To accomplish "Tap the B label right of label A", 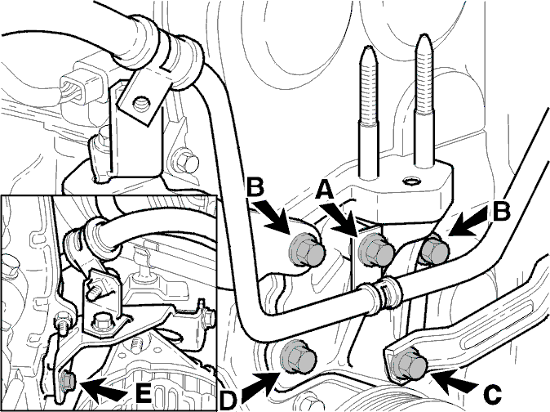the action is point(501,212).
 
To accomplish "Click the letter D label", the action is point(228,401).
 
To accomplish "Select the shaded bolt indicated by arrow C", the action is point(408,365).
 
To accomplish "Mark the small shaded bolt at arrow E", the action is point(68,380).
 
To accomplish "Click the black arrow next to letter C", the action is point(455,382).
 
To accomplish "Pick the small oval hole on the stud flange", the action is point(410,181).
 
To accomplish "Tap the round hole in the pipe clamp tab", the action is point(140,102).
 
